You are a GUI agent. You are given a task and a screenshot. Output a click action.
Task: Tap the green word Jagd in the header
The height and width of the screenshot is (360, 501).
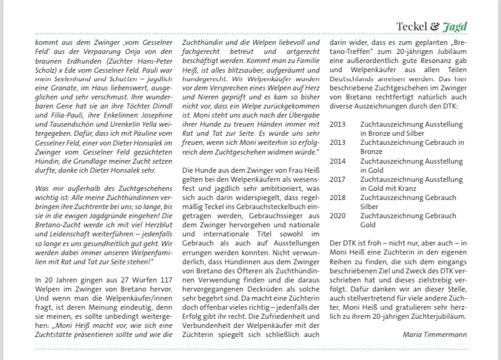click(x=455, y=27)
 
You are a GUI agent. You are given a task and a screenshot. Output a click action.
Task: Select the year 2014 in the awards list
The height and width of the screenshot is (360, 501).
click(x=338, y=162)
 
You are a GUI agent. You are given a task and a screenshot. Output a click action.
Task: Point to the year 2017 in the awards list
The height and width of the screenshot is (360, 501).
click(x=338, y=179)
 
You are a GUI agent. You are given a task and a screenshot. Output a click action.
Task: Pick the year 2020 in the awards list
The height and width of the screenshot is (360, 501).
click(x=338, y=216)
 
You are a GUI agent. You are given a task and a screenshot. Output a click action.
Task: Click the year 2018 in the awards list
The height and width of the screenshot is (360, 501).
click(x=338, y=198)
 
